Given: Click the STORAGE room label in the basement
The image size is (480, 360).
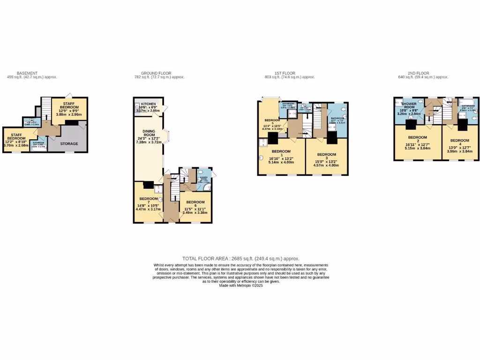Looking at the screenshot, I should pyautogui.click(x=68, y=143).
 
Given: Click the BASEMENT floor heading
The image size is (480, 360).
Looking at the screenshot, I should pyautogui.click(x=27, y=73).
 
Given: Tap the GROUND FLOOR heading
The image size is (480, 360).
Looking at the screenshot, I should pyautogui.click(x=156, y=73).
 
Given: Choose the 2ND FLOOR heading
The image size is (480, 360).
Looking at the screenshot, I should pyautogui.click(x=419, y=73).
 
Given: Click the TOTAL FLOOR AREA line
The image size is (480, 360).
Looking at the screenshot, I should pyautogui.click(x=240, y=258).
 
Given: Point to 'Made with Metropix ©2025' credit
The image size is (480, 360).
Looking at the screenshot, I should pyautogui.click(x=241, y=285).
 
